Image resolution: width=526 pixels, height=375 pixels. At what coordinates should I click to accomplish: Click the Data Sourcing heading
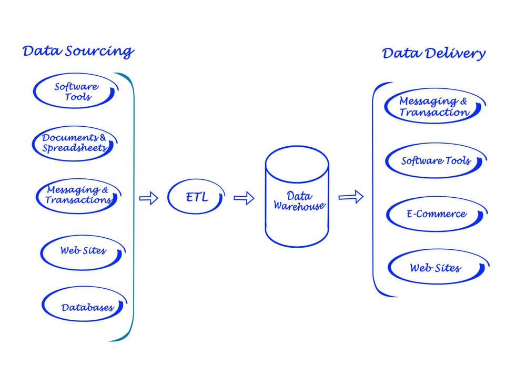click(78, 52)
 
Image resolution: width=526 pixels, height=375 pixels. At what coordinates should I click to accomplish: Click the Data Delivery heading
click(433, 54)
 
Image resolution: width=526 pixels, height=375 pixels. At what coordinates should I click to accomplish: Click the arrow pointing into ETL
click(149, 198)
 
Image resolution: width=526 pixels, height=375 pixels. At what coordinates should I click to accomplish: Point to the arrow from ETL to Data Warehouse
click(244, 198)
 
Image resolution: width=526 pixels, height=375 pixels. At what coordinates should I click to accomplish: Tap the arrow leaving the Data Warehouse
click(350, 197)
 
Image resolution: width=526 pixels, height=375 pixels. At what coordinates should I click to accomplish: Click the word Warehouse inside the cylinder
click(299, 206)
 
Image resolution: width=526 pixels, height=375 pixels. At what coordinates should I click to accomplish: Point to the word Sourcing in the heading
click(99, 52)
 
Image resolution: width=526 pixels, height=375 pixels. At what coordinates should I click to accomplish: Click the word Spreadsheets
click(74, 148)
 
